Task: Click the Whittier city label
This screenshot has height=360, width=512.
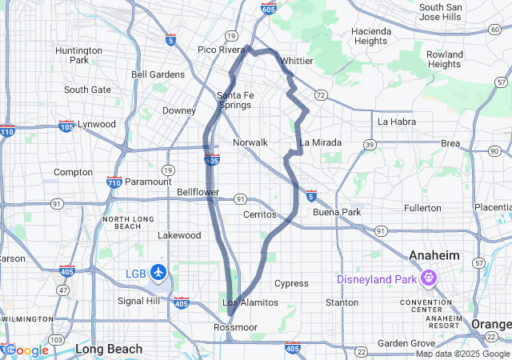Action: (297, 61)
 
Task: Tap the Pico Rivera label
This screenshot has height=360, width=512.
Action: (222, 50)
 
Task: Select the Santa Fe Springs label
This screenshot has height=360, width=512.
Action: (235, 100)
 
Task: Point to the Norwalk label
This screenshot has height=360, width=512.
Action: (250, 142)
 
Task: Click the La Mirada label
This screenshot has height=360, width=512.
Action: (320, 142)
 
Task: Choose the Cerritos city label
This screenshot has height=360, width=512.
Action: (260, 214)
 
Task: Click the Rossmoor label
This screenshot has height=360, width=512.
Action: (234, 328)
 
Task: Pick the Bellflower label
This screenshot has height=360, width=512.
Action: (198, 193)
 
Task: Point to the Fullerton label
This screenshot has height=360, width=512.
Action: (422, 208)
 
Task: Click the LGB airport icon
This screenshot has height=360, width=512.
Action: (158, 273)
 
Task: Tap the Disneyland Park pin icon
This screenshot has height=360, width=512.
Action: (427, 279)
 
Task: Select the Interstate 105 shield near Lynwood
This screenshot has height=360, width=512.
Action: (67, 126)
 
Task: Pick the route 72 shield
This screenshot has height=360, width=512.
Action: (320, 95)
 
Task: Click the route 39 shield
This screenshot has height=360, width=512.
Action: (370, 145)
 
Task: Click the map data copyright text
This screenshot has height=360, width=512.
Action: (462, 354)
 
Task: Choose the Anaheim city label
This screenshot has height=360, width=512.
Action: (434, 254)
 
